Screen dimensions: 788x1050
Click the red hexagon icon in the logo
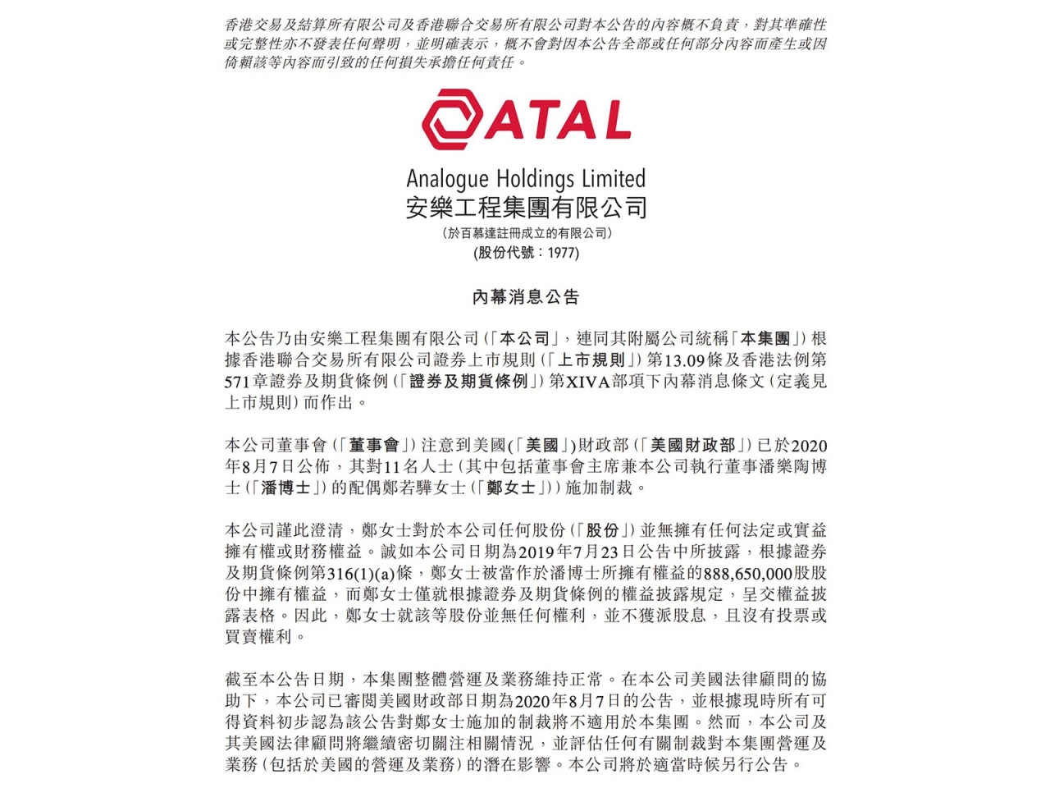pyautogui.click(x=452, y=121)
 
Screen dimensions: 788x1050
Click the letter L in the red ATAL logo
pyautogui.click(x=615, y=121)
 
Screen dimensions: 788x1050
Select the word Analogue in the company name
pyautogui.click(x=447, y=179)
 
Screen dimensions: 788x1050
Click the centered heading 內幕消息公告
pyautogui.click(x=526, y=296)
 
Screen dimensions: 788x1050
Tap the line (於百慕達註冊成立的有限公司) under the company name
pyautogui.click(x=526, y=233)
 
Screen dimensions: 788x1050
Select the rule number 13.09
pyautogui.click(x=684, y=360)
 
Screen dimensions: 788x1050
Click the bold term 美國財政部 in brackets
pyautogui.click(x=692, y=445)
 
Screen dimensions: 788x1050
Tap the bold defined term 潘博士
pyautogui.click(x=285, y=488)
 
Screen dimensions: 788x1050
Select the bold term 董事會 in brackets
pyautogui.click(x=373, y=445)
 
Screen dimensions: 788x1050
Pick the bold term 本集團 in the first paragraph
pyautogui.click(x=765, y=338)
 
